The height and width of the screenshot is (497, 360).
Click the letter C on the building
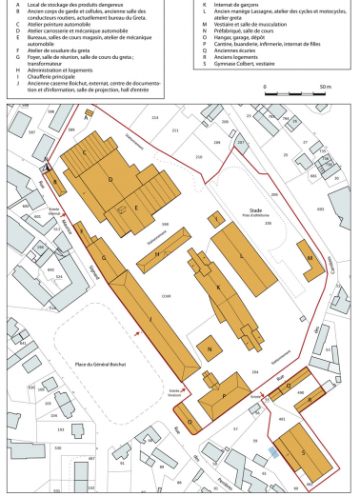pyautogui.click(x=87, y=152)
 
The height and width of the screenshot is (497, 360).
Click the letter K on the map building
pyautogui.click(x=219, y=287)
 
